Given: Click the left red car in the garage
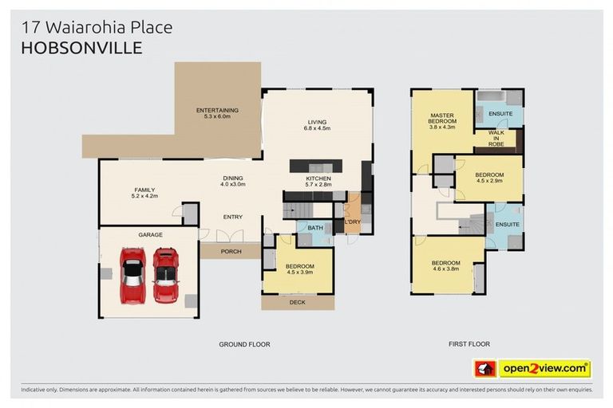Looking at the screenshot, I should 132,275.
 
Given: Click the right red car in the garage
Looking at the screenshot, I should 165,275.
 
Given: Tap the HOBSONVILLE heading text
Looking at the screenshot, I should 82,48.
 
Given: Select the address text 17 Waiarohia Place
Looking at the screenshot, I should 96,28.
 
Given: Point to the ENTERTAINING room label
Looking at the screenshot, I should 217,113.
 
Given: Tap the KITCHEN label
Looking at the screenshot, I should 318,181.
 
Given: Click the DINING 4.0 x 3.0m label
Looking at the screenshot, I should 232,181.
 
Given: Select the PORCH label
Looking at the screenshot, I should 231,251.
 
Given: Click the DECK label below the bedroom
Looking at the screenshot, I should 298,302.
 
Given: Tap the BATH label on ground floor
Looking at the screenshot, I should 314,228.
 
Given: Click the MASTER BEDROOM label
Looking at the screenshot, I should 442,120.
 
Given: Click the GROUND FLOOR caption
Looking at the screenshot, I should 244,344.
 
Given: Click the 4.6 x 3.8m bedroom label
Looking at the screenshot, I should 445,266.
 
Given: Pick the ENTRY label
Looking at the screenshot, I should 232,217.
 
